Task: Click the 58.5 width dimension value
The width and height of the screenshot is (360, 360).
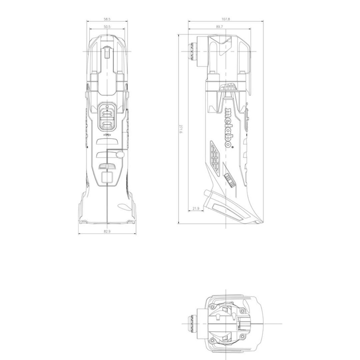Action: coord(107,19)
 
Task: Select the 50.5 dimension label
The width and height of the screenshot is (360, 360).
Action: coord(107,27)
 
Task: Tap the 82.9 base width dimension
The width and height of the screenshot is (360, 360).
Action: coord(107,231)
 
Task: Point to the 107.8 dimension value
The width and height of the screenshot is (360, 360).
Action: coord(226,19)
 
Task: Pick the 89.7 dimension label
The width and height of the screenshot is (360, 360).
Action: coord(219,27)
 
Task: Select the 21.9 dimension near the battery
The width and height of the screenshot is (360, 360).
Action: coord(196,208)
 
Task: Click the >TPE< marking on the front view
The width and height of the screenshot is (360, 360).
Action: coord(107,135)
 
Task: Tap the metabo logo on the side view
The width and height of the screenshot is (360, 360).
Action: coord(229,127)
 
